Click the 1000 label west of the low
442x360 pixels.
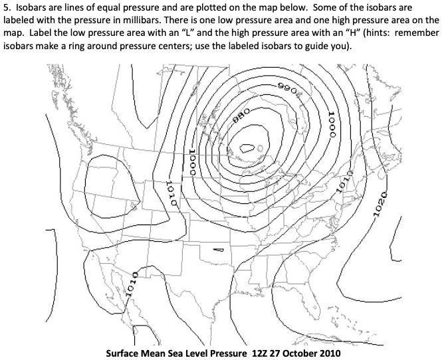[x=192, y=161]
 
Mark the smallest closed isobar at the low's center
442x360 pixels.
[x=249, y=149]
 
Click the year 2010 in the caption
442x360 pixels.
[x=340, y=352]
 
